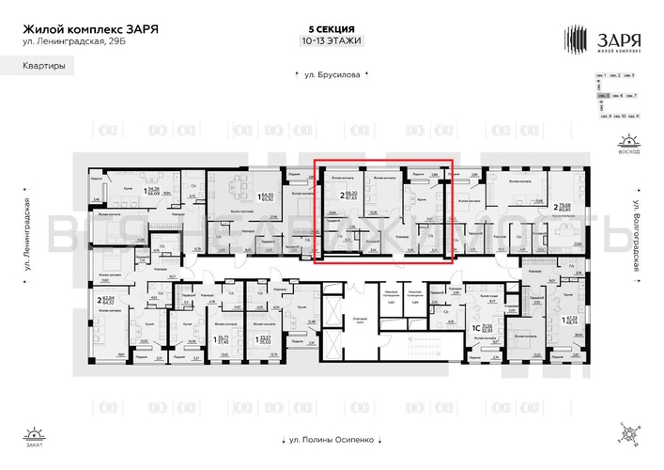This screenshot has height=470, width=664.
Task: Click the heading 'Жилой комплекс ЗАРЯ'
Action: (x=90, y=28)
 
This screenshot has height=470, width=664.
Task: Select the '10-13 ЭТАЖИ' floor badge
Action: (x=331, y=41)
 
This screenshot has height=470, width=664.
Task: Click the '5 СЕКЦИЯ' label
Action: (x=331, y=30)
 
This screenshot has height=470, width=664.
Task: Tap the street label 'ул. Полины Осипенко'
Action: (x=328, y=438)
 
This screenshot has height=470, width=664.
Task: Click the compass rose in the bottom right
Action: (x=627, y=433)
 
